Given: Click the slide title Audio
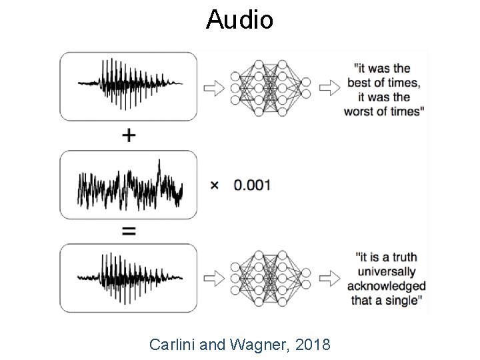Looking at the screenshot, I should point(239,20).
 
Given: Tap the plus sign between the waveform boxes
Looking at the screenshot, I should point(129,135).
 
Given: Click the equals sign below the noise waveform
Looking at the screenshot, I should point(129,231).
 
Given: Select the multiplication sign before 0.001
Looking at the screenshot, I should point(214,185).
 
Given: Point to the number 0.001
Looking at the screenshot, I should point(252,185).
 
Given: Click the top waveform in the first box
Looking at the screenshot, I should point(129,85).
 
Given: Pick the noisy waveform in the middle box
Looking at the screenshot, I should point(129,184).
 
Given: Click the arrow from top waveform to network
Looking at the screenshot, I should point(213,87).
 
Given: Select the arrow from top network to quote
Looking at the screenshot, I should point(329,87).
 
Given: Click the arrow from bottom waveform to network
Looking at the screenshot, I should point(213,276).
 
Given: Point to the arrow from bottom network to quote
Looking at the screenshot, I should point(329,276).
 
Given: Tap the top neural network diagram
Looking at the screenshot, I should point(269,87).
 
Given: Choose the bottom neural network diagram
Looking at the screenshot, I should point(269,276).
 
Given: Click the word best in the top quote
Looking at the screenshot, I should point(361,83).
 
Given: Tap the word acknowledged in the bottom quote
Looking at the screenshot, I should point(385,286).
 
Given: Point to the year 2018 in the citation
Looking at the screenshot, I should point(311,345).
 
